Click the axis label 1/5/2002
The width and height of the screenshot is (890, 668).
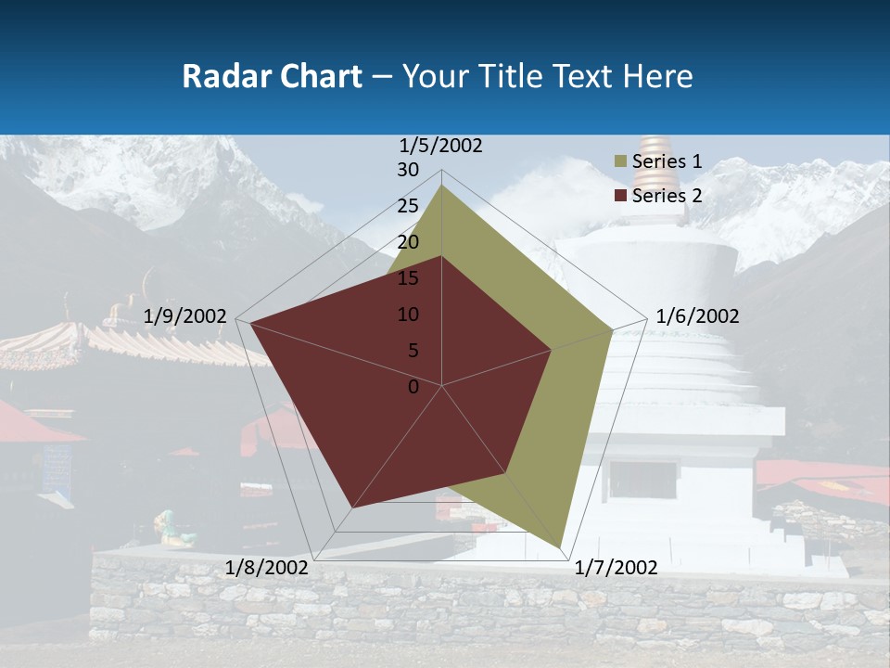[x=441, y=146]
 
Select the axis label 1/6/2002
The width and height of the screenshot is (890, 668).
[x=697, y=316]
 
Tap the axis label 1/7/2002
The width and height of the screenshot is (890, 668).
[x=617, y=568]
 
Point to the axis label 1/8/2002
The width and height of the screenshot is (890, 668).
[x=266, y=568]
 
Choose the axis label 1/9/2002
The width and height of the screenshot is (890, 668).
[x=185, y=316]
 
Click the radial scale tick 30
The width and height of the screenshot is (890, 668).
[x=408, y=171]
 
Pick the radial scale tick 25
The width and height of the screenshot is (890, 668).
[x=408, y=207]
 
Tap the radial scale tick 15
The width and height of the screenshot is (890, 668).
[x=408, y=278]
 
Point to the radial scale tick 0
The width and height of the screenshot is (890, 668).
[x=413, y=387]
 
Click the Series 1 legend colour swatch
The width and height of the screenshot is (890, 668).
[x=620, y=162]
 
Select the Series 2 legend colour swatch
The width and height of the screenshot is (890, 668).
[x=620, y=196]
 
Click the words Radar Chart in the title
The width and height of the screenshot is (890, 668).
[x=272, y=76]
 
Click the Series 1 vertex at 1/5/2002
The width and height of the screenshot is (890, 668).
[x=442, y=185]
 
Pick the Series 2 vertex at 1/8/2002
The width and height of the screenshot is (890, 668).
[x=352, y=507]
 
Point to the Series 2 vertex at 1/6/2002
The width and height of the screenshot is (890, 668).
[x=552, y=350]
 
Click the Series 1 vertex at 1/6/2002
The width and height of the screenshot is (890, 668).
[x=612, y=329]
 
